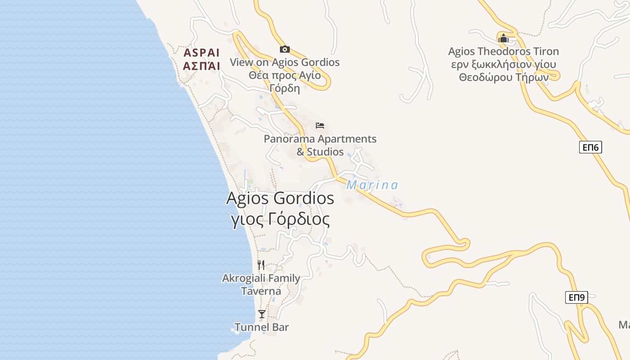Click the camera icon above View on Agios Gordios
[x=284, y=49]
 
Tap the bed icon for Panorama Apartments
[x=320, y=125]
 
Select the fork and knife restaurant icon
[x=261, y=265]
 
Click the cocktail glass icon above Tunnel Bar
[x=261, y=314]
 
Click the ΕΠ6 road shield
[x=590, y=147]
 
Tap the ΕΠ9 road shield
[x=576, y=297]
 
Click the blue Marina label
[x=372, y=185]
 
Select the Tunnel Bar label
[x=261, y=327]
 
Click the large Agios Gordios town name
[x=280, y=198]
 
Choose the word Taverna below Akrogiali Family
[x=261, y=291]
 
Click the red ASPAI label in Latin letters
[x=202, y=52]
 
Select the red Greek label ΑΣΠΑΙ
[x=202, y=66]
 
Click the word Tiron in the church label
[x=546, y=51]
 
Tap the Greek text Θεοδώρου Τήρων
[x=504, y=77]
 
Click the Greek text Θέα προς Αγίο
[x=284, y=75]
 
